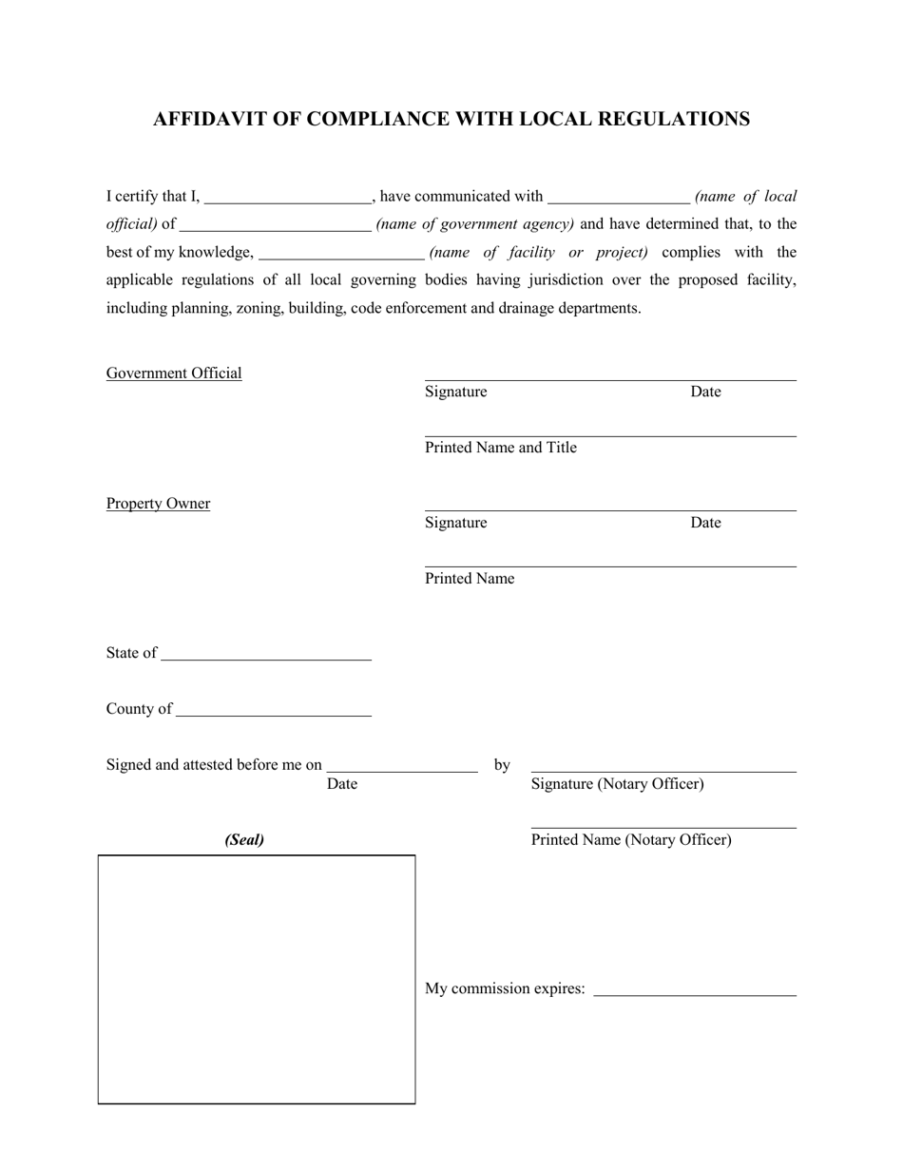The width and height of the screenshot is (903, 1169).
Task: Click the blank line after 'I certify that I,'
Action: (287, 198)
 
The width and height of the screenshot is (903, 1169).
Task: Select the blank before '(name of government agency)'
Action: (275, 225)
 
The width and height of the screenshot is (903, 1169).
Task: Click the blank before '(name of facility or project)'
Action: (341, 254)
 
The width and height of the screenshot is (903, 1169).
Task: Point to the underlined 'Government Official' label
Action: (174, 374)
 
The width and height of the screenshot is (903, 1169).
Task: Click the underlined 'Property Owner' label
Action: (158, 504)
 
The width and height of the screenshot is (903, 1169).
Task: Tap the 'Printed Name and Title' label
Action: (500, 448)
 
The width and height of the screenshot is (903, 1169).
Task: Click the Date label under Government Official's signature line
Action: (705, 392)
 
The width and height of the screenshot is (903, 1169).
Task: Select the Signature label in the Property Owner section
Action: (455, 523)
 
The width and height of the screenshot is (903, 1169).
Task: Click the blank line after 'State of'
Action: (266, 654)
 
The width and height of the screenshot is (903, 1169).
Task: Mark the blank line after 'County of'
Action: (274, 710)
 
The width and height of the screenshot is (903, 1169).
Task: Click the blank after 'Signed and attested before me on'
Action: (401, 766)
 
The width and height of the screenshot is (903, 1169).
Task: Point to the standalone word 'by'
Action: (502, 765)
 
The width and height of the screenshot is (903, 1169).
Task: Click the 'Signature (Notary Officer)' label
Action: (617, 784)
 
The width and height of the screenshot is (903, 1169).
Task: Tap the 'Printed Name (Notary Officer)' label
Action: (631, 840)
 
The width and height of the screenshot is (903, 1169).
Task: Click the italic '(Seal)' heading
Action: (244, 840)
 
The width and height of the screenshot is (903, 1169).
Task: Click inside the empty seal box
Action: (257, 979)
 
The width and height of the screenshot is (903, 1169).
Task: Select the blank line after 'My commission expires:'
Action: (694, 990)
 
